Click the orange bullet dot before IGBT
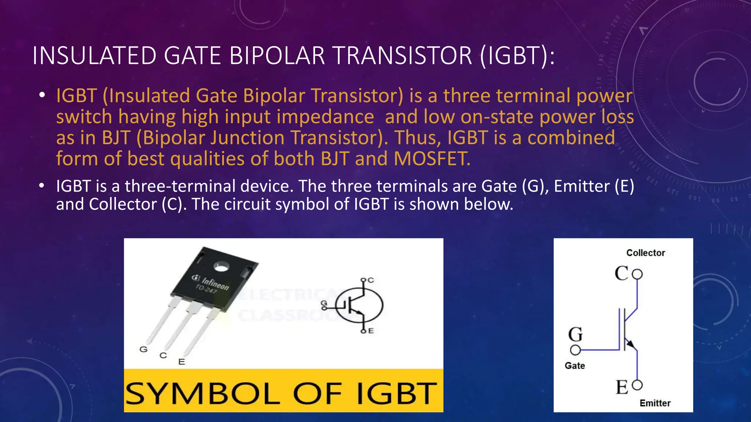[x=43, y=95]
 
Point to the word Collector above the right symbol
[x=645, y=253]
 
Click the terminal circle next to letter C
[x=637, y=274]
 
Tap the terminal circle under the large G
[x=575, y=350]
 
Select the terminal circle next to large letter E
[x=637, y=385]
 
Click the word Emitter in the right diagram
[x=655, y=403]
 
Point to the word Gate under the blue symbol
[x=575, y=366]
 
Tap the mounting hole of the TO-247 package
[x=221, y=267]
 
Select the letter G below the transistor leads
[x=143, y=349]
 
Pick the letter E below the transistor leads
[x=182, y=362]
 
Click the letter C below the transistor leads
[x=163, y=355]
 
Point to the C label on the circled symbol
[x=371, y=280]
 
